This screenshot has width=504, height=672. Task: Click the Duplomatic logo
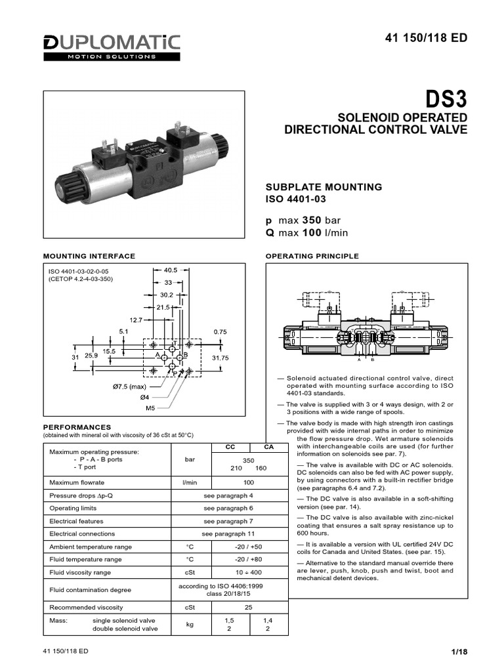[x=112, y=47]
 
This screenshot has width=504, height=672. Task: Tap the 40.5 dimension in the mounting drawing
[x=170, y=270]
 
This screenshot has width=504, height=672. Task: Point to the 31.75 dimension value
[x=220, y=358]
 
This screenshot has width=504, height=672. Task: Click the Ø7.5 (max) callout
[x=128, y=387]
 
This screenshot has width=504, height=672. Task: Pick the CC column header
[x=230, y=446]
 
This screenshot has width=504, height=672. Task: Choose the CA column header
[x=268, y=446]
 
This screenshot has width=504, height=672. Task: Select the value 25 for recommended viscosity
[x=249, y=607]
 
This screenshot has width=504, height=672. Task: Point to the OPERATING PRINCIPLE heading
[x=311, y=256]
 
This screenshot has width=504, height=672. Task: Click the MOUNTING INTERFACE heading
[x=89, y=256]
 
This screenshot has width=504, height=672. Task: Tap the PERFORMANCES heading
[x=77, y=427]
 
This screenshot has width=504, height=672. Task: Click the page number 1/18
[x=458, y=652]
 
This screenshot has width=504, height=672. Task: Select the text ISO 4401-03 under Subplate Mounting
[x=295, y=199]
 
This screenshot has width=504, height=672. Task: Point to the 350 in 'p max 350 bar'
[x=311, y=220]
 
